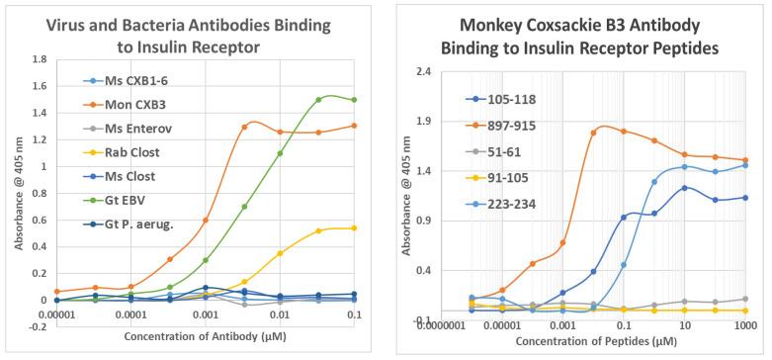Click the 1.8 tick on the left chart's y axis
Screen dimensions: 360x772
click(41, 59)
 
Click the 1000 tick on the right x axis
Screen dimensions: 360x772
click(745, 325)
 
